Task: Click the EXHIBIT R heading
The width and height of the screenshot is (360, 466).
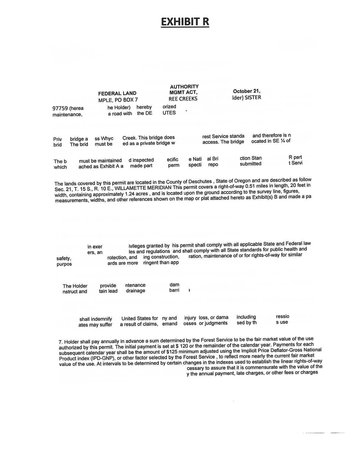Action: tap(185, 22)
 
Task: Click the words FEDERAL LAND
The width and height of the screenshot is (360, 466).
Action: tap(117, 93)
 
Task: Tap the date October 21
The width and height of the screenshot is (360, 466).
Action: tap(246, 91)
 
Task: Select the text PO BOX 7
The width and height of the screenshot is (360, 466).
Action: tap(126, 100)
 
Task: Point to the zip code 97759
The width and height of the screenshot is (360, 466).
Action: tap(60, 108)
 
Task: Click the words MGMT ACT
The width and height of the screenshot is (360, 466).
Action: tap(183, 92)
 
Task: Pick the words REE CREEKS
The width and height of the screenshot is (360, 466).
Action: tap(183, 99)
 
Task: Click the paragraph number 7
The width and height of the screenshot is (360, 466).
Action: tap(61, 342)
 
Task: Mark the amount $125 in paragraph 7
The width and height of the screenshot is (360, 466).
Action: tap(172, 352)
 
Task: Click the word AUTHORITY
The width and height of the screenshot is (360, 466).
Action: tap(184, 86)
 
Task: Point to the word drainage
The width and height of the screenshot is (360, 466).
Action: tap(136, 291)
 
